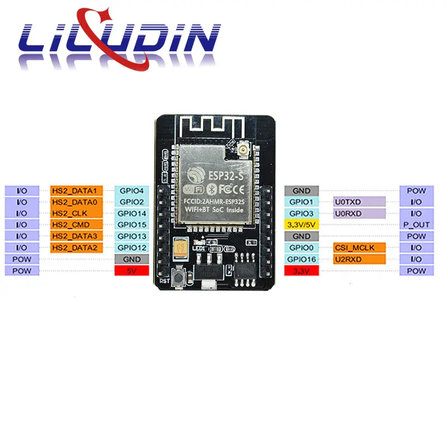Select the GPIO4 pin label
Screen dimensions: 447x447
(x=132, y=191)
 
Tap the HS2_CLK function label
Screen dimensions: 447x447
(x=76, y=213)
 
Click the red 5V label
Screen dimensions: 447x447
(x=132, y=270)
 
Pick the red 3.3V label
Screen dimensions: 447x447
(x=302, y=270)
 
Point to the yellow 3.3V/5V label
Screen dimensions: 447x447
(x=302, y=225)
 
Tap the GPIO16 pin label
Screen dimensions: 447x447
(x=302, y=259)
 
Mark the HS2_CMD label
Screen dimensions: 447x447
(x=76, y=225)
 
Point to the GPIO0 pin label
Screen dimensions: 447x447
(x=302, y=248)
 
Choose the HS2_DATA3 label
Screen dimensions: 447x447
(x=76, y=236)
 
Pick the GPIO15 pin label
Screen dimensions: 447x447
(x=132, y=225)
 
